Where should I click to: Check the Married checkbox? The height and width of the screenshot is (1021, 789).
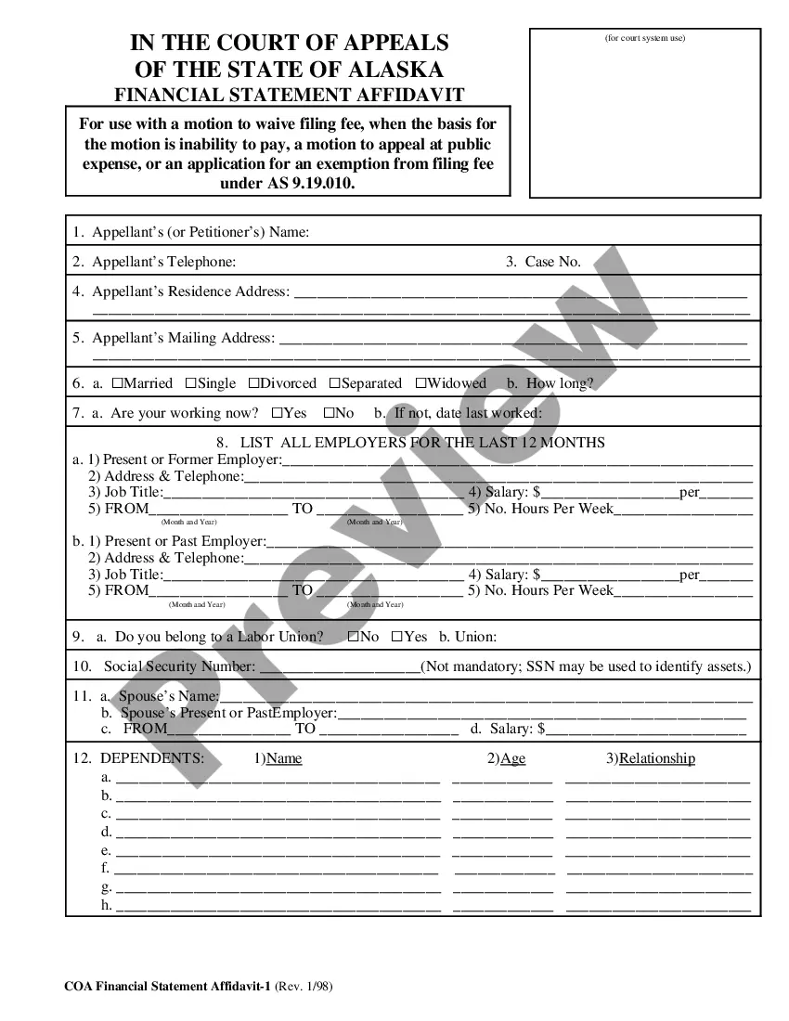[118, 383]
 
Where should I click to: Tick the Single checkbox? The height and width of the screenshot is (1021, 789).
[190, 383]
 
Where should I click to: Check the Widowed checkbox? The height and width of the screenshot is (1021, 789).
[420, 383]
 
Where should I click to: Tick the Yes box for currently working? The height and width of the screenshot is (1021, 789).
[278, 413]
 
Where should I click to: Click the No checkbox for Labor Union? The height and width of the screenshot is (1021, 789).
[354, 637]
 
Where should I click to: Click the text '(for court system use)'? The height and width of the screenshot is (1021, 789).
[645, 38]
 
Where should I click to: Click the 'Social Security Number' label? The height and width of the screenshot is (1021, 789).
[179, 666]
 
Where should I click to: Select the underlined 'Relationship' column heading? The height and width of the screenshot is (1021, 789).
[657, 758]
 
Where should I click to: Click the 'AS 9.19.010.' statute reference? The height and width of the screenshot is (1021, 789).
[312, 183]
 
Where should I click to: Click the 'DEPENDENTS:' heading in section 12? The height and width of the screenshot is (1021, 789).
[152, 758]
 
